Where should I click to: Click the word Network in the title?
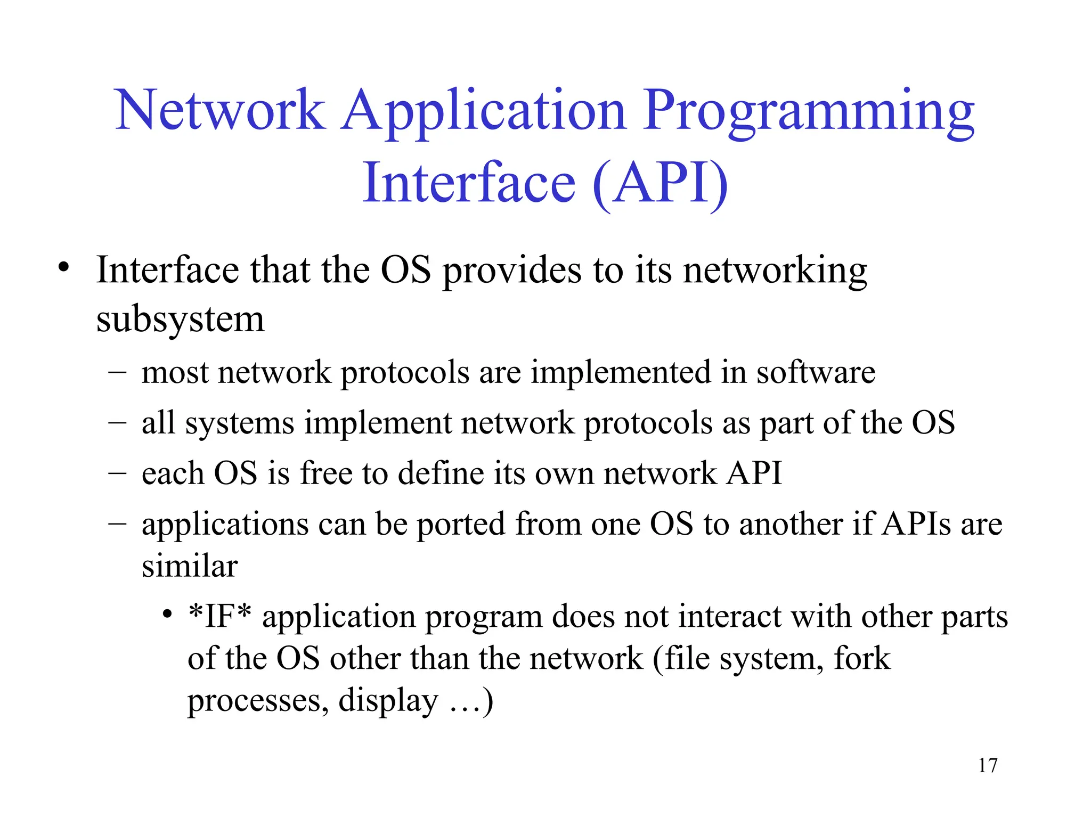click(219, 110)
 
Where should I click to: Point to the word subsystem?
click(180, 320)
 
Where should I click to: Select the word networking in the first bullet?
click(775, 271)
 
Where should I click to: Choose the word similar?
click(190, 566)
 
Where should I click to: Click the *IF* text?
click(219, 616)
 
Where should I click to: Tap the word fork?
click(861, 658)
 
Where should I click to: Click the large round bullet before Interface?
click(64, 267)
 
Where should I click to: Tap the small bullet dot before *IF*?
click(167, 615)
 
